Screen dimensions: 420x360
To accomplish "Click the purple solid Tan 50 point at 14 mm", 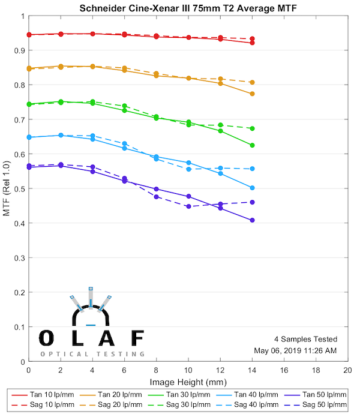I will pyautogui.click(x=252, y=220).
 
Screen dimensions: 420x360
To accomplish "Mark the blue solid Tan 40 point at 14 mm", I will pyautogui.click(x=252, y=188).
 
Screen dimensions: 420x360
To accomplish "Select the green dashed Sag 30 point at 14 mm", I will pyautogui.click(x=252, y=128).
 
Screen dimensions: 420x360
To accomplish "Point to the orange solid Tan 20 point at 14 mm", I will pyautogui.click(x=252, y=94).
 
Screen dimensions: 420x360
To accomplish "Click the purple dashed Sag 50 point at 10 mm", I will pyautogui.click(x=188, y=206).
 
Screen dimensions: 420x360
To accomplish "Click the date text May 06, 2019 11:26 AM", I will pyautogui.click(x=295, y=350).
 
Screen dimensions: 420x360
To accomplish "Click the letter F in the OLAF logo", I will pyautogui.click(x=137, y=338).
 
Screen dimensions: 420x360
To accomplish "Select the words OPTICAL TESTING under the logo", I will pyautogui.click(x=92, y=354).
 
